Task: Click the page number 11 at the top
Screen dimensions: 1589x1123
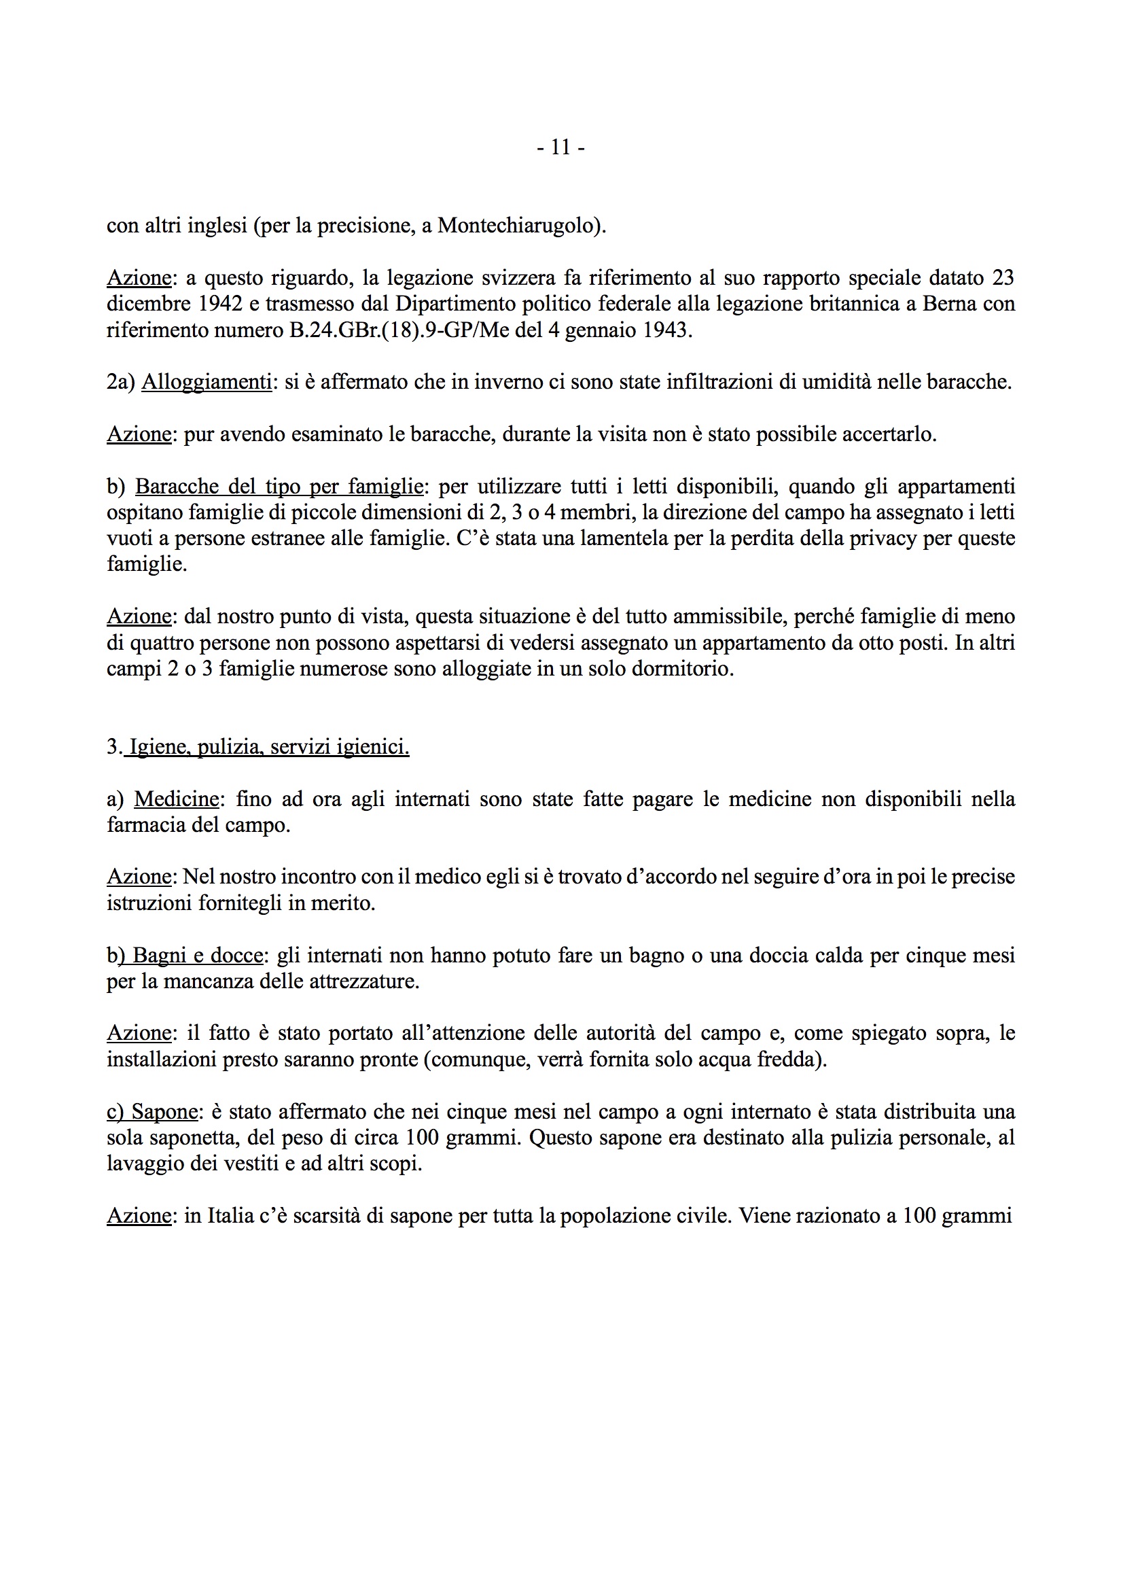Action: tap(560, 147)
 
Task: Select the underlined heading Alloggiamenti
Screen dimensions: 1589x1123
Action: tap(207, 382)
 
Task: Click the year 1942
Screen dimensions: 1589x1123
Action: tap(219, 304)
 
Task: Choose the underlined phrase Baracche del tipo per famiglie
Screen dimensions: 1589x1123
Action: tap(279, 487)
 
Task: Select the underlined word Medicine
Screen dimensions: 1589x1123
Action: tap(177, 799)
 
